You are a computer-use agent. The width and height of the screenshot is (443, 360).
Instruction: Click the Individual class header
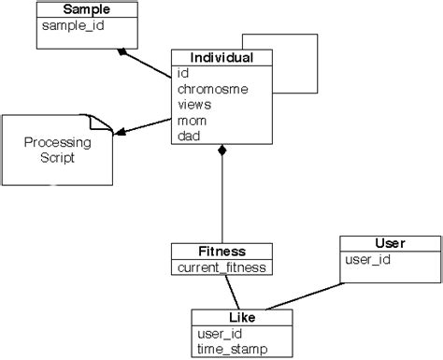[x=222, y=58]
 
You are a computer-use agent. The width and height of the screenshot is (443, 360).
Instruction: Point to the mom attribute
[x=193, y=121]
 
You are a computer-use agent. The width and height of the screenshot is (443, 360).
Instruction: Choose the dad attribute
[x=189, y=137]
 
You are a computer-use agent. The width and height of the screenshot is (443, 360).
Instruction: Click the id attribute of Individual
[x=183, y=73]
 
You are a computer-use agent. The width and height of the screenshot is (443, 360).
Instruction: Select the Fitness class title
[x=222, y=251]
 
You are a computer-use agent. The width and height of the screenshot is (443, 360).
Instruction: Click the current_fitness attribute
[x=222, y=267]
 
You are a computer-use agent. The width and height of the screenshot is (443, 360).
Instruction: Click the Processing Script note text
[x=57, y=151]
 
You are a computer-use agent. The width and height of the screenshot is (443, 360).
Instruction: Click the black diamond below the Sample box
[x=122, y=51]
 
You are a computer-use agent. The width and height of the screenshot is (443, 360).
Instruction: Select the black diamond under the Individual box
[x=222, y=151]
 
